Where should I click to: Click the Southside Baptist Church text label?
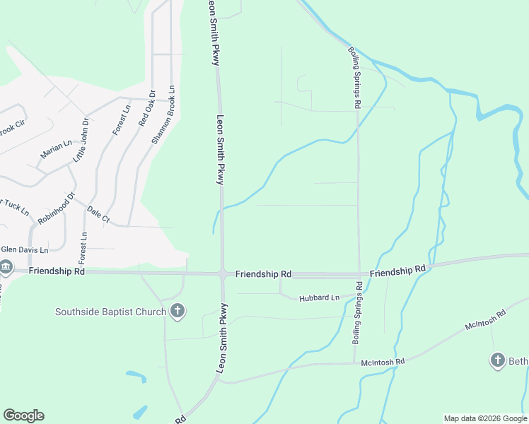pyautogui.click(x=111, y=312)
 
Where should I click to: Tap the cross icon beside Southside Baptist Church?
pyautogui.click(x=177, y=311)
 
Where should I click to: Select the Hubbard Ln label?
pyautogui.click(x=320, y=298)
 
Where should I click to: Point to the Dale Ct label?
pyautogui.click(x=98, y=215)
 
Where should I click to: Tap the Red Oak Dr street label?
pyautogui.click(x=146, y=108)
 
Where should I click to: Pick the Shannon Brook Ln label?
pyautogui.click(x=162, y=115)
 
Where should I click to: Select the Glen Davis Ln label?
pyautogui.click(x=24, y=249)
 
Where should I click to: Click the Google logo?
pyautogui.click(x=23, y=416)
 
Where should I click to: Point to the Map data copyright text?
pyautogui.click(x=485, y=418)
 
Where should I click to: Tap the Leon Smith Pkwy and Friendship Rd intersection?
pyautogui.click(x=222, y=273)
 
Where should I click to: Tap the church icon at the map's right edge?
pyautogui.click(x=497, y=360)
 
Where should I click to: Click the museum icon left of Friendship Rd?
pyautogui.click(x=6, y=266)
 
